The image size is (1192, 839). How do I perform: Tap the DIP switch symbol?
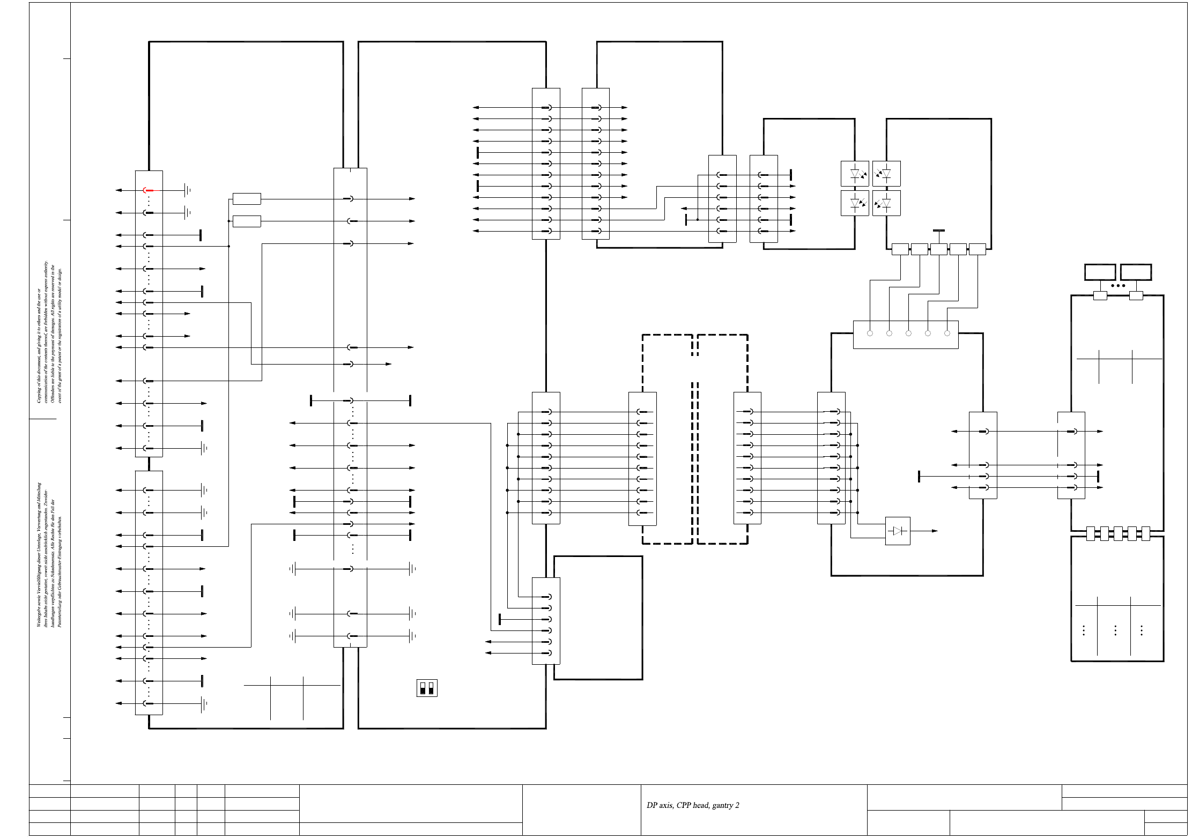427,688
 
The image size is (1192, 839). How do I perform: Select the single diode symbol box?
898,531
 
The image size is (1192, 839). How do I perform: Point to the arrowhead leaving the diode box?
935,531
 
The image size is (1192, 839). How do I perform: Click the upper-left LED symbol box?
855,174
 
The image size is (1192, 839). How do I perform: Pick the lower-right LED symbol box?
886,203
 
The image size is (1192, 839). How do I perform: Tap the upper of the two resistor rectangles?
247,199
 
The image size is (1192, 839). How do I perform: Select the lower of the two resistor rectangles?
247,221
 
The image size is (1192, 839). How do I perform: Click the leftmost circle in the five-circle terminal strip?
870,333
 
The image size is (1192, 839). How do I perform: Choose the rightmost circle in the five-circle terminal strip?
947,333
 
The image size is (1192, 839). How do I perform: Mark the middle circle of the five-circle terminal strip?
908,333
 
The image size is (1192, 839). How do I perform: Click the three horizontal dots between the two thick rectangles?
1118,286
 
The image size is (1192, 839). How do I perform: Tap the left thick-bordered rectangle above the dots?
1100,272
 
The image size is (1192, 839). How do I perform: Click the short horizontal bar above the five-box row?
938,231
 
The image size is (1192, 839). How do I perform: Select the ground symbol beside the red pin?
187,190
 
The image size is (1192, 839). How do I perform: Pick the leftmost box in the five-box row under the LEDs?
900,249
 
